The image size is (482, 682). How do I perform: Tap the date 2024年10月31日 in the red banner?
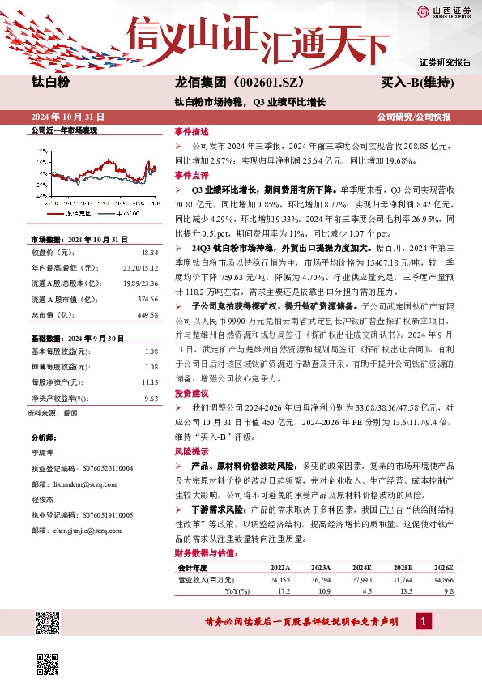[x=68, y=117]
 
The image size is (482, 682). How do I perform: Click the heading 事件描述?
[x=191, y=130]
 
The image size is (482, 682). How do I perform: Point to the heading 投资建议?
[x=191, y=392]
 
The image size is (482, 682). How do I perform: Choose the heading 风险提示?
[x=191, y=450]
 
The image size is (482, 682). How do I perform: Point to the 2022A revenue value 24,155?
[x=279, y=580]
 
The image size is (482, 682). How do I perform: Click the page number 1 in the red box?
[x=422, y=621]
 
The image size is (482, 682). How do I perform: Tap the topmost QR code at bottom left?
[x=49, y=622]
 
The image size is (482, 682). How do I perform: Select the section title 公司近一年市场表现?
[x=63, y=130]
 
